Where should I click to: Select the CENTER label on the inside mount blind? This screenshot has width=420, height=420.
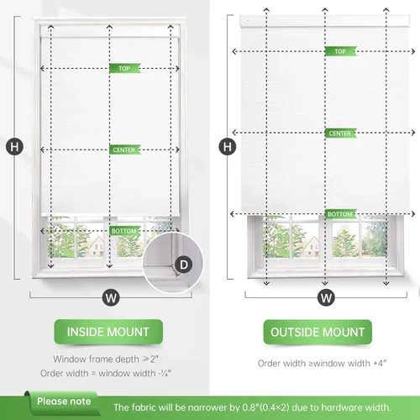click(123, 150)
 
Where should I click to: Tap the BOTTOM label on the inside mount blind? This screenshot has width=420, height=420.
click(123, 230)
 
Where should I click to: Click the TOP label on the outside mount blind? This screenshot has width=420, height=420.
click(339, 51)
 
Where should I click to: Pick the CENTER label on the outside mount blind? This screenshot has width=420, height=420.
click(339, 134)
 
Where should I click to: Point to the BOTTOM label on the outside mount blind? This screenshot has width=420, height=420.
click(339, 214)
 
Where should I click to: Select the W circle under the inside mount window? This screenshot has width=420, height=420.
click(110, 296)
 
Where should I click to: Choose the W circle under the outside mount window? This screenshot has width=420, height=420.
click(326, 297)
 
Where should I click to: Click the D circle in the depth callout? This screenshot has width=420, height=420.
click(185, 265)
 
